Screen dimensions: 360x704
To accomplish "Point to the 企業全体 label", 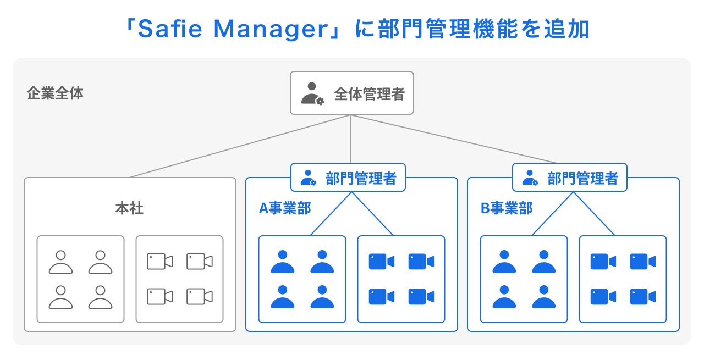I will (55, 93).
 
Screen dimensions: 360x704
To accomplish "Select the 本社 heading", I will (129, 208).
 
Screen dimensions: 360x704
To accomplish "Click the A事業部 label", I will (285, 208).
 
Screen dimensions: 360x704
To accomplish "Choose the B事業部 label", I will (507, 208).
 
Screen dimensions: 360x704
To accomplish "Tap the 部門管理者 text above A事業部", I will (361, 178).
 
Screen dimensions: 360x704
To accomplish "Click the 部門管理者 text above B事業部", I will (582, 178).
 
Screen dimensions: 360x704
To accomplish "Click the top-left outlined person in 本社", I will (61, 262).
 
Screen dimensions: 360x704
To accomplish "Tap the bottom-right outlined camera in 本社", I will (199, 297).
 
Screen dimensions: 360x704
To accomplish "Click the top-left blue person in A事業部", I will (283, 262).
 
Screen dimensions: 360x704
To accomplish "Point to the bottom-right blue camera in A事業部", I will (421, 297).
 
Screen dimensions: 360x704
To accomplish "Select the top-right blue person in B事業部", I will (544, 262).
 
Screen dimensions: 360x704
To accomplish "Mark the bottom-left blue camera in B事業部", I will (603, 297).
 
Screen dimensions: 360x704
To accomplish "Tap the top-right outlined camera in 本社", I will (199, 262).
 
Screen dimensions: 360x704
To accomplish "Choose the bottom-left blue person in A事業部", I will (283, 297).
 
